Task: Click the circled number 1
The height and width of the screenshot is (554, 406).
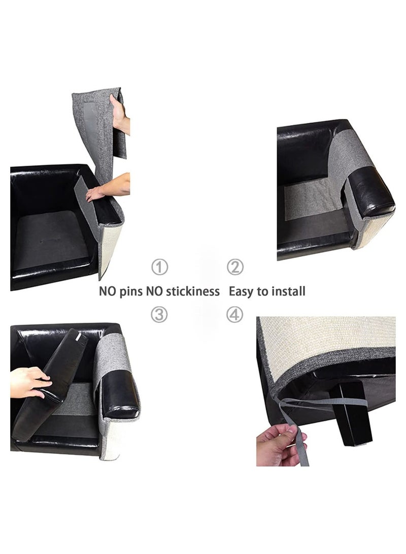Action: point(159,267)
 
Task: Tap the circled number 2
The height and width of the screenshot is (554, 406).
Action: point(234,267)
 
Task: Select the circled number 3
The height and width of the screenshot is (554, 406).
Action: point(159,315)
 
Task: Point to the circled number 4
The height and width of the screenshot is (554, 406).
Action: point(234,315)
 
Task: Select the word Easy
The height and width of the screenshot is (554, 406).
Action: point(242,291)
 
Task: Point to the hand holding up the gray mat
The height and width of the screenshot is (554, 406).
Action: point(121,114)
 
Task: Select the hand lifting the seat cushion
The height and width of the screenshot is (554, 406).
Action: point(30,382)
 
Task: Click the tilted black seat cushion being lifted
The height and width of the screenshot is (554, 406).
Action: point(51,386)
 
